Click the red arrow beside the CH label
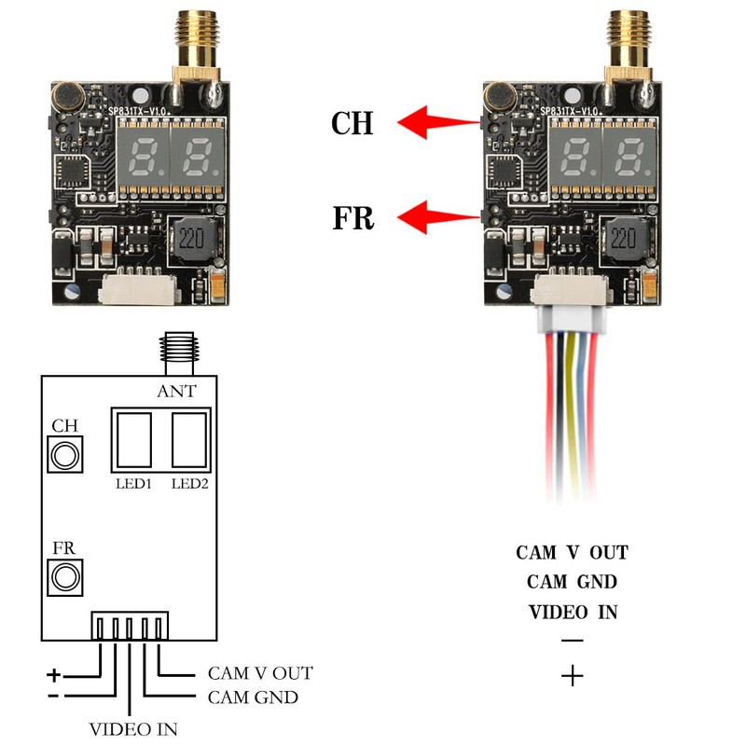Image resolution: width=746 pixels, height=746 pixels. coord(437,122)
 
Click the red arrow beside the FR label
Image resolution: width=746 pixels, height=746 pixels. coord(437,217)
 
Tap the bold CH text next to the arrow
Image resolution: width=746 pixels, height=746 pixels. coord(352,123)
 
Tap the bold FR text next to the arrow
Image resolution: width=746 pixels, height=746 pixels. coord(353,218)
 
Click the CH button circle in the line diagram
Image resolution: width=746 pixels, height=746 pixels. coord(65,454)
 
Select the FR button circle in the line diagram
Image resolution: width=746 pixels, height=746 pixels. coord(65,577)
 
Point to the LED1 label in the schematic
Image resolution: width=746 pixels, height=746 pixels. coord(133,484)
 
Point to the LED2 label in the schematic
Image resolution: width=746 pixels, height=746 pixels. coord(190,484)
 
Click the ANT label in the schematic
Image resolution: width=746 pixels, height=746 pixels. coord(176,391)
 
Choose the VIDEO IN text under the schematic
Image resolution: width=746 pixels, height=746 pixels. coord(133,729)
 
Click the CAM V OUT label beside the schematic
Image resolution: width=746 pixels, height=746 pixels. coord(260,673)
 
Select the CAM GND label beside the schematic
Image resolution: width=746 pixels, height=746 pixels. coord(253,698)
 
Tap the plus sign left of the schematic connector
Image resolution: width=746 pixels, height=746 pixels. coord(54,674)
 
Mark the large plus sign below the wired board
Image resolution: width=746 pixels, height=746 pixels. coord(573,676)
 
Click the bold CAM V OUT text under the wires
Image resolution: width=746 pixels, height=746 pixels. coord(573,553)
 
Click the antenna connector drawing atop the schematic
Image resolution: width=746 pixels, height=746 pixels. coord(178,353)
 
